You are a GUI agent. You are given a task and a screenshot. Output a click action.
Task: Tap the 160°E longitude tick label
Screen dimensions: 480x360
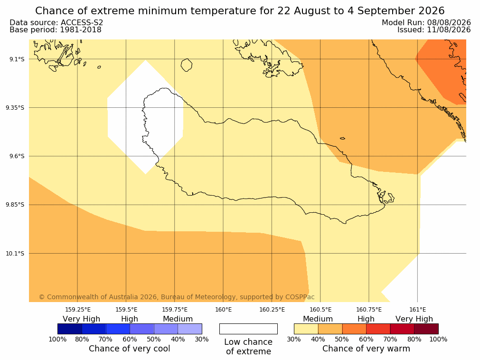[x=224, y=310]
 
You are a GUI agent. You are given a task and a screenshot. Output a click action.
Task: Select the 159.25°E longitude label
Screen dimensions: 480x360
[x=78, y=310]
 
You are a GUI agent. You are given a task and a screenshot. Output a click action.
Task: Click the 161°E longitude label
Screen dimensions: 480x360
[x=417, y=310]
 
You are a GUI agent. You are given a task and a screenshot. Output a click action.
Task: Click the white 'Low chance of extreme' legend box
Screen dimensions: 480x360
[x=249, y=329]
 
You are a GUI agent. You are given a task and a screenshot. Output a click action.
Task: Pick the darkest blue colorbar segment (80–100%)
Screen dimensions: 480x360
[x=70, y=329]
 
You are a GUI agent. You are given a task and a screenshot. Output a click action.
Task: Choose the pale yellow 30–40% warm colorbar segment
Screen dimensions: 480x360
[x=306, y=329]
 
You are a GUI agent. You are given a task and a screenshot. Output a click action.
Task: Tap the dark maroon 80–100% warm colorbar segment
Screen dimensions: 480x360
[x=426, y=329]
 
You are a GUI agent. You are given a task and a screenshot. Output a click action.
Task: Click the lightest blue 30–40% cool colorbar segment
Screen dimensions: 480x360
[x=190, y=329]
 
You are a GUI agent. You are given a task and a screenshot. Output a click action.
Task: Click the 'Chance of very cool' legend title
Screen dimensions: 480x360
[x=130, y=349]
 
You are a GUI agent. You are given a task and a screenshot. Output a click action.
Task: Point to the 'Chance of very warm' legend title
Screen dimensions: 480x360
[x=366, y=349]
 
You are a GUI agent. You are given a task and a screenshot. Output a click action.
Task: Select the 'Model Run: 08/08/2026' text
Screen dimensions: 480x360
[x=426, y=23]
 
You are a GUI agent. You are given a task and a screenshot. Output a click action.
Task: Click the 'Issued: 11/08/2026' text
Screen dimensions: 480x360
[x=434, y=30]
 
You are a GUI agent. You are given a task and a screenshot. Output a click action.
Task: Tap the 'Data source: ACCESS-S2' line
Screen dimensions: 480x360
[x=56, y=23]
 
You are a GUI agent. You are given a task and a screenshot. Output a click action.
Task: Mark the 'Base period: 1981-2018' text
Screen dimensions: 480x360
[x=56, y=30]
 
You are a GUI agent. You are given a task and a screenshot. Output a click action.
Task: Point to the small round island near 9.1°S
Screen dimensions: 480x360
[x=187, y=65]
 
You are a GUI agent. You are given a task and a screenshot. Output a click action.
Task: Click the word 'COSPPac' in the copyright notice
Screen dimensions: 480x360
[x=300, y=297]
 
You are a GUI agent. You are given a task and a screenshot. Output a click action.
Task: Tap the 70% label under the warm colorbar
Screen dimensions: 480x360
[x=390, y=339]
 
